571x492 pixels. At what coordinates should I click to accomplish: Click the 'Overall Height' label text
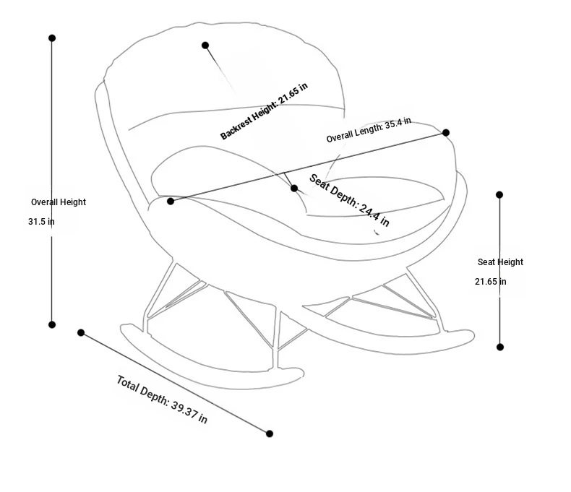(x=59, y=202)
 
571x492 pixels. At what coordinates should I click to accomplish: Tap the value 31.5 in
(x=41, y=222)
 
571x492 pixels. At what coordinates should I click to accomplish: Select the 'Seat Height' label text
(x=500, y=262)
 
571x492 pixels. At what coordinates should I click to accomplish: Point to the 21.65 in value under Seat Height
(x=490, y=282)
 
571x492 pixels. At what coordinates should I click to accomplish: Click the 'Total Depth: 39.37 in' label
(x=162, y=400)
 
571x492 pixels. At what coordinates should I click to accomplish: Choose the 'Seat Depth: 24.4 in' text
(x=349, y=200)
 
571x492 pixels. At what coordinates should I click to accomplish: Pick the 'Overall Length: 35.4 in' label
(x=369, y=130)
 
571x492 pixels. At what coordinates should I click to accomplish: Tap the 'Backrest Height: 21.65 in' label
(x=265, y=111)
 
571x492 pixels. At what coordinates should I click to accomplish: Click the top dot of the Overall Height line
(x=52, y=38)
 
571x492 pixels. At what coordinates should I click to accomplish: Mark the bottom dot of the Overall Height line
(x=52, y=325)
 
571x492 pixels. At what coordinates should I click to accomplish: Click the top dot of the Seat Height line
(x=499, y=194)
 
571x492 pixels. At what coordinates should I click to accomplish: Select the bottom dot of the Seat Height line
(x=500, y=348)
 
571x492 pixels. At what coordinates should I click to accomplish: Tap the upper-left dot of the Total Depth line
(x=81, y=333)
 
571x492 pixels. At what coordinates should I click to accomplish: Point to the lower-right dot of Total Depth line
(x=270, y=433)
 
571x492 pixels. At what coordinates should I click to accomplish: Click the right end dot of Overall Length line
(x=446, y=132)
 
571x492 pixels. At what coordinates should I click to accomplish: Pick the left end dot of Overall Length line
(x=171, y=202)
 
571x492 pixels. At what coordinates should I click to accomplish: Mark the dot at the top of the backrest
(x=205, y=46)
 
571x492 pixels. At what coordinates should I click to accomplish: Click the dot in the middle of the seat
(x=294, y=189)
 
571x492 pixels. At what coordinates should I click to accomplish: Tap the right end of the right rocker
(x=471, y=336)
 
